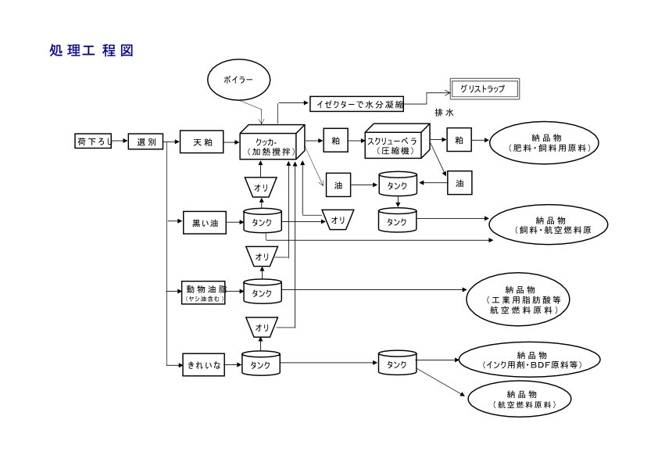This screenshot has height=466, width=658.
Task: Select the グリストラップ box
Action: (x=485, y=89)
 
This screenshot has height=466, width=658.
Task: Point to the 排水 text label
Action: (x=444, y=113)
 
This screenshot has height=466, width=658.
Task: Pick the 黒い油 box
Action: (x=204, y=223)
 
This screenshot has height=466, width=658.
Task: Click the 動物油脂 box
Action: (x=203, y=292)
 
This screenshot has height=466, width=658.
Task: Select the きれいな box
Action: (x=204, y=364)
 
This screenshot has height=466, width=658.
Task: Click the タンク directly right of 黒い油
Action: (x=263, y=222)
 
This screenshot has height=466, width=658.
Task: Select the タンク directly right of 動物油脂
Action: (x=263, y=292)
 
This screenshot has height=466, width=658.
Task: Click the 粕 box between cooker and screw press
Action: (x=335, y=142)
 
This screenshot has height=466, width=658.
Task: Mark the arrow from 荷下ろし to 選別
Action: (x=120, y=142)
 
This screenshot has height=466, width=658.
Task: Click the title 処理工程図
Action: (x=91, y=51)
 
